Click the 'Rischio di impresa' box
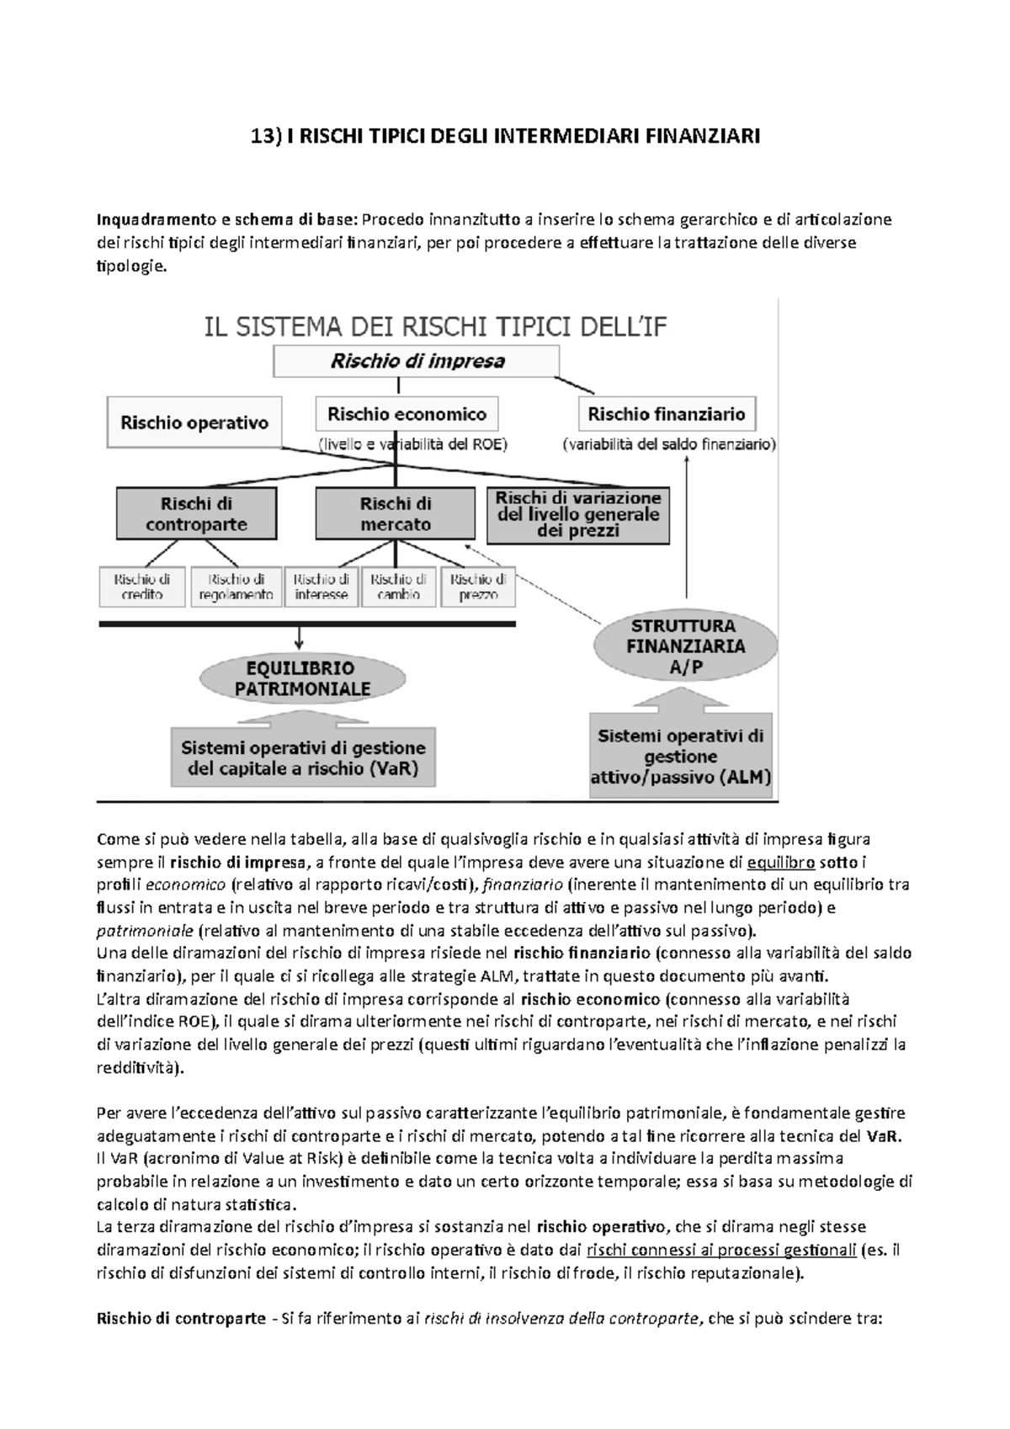click(x=417, y=363)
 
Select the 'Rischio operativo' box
click(x=194, y=422)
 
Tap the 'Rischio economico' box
click(x=407, y=414)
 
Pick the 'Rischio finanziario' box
click(x=667, y=414)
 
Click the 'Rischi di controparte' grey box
click(x=196, y=514)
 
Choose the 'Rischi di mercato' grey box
click(x=396, y=514)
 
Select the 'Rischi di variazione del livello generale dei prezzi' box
click(x=578, y=514)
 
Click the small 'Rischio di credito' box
click(x=142, y=587)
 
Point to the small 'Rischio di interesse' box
click(x=322, y=587)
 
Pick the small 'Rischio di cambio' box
click(x=398, y=587)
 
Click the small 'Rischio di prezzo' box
click(x=477, y=587)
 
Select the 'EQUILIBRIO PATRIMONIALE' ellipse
click(x=302, y=678)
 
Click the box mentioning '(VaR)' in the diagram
click(x=303, y=757)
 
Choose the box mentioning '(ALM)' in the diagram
click(x=681, y=756)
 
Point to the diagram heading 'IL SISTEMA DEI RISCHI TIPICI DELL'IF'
click(x=436, y=327)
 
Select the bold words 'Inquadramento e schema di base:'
click(x=228, y=220)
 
